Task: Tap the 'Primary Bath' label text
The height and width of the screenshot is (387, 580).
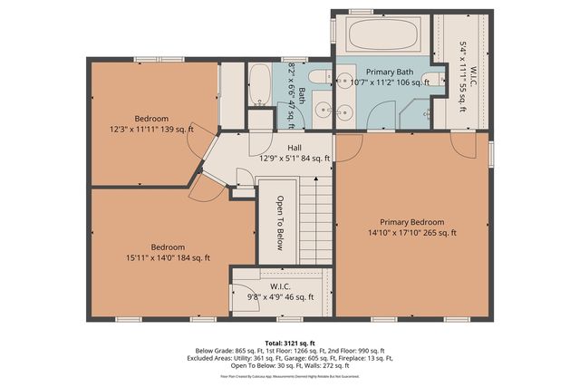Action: pos(390,71)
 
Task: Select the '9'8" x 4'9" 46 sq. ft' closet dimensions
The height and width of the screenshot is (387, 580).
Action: pos(278,296)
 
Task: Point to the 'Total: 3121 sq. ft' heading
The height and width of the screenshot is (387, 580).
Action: pos(290,343)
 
